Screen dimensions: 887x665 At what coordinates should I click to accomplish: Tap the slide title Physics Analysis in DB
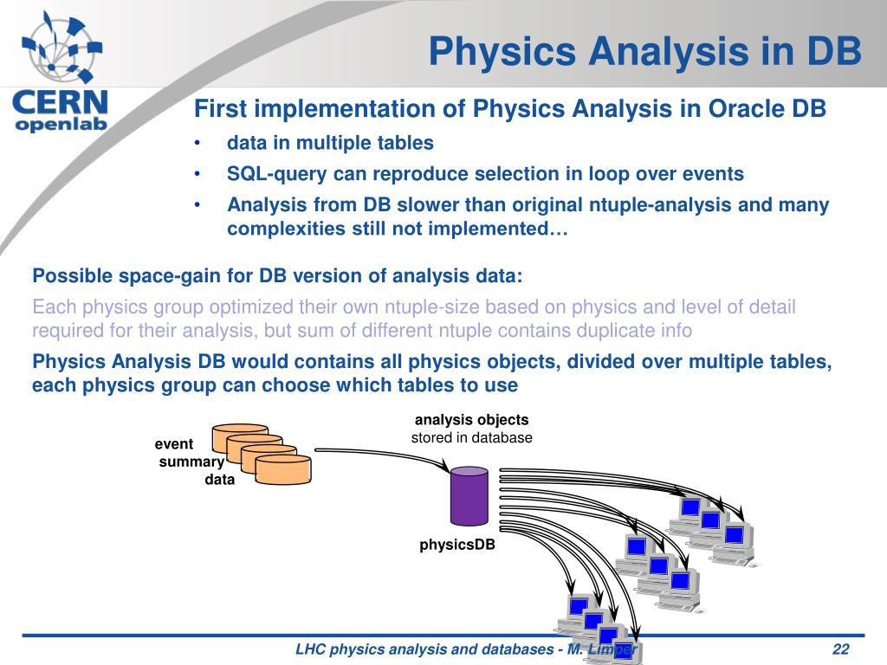tap(644, 51)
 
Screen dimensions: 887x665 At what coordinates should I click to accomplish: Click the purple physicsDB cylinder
tap(469, 496)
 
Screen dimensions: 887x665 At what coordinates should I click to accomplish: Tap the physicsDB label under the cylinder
tap(457, 545)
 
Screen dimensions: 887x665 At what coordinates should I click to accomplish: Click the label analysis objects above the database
tap(471, 420)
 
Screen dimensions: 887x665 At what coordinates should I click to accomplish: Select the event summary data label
tap(195, 462)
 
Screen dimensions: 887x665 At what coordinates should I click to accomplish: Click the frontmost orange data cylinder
tap(283, 470)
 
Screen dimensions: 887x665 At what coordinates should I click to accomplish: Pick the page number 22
tap(840, 649)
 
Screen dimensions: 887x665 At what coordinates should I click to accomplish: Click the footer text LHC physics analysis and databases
tap(424, 649)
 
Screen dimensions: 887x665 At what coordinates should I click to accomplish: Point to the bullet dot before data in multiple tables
tap(197, 143)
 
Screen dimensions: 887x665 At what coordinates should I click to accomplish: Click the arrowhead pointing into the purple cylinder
tap(444, 467)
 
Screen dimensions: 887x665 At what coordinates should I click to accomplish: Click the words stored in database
tap(471, 437)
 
